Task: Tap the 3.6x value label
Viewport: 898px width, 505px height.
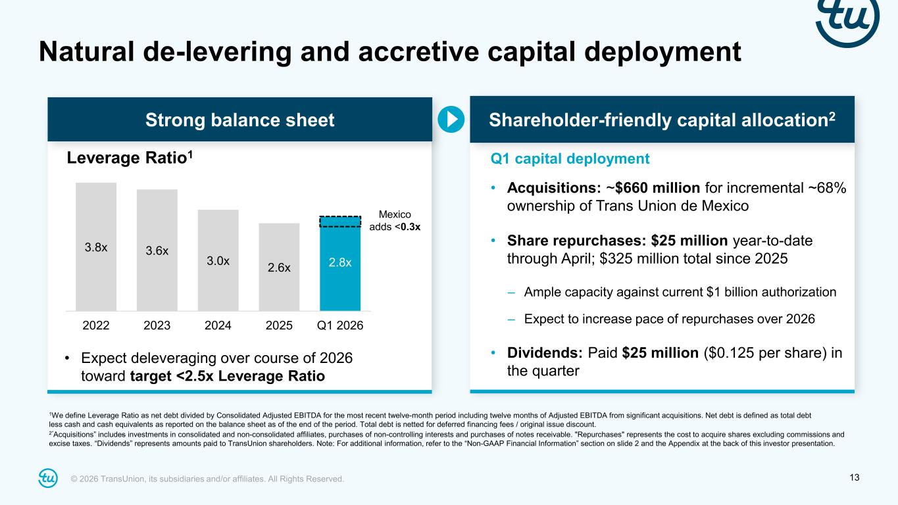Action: pyautogui.click(x=157, y=251)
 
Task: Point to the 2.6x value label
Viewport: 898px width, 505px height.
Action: pyautogui.click(x=279, y=268)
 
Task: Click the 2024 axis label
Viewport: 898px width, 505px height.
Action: pyautogui.click(x=218, y=325)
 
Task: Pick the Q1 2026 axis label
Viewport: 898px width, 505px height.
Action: pyautogui.click(x=340, y=325)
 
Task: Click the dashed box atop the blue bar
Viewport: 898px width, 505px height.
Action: pyautogui.click(x=340, y=222)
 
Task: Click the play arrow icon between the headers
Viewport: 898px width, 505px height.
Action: pyautogui.click(x=451, y=119)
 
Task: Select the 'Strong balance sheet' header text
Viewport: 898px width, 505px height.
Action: pyautogui.click(x=239, y=120)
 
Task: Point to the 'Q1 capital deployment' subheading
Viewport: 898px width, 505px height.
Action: pyautogui.click(x=570, y=158)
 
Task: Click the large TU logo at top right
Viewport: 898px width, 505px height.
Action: pyautogui.click(x=848, y=20)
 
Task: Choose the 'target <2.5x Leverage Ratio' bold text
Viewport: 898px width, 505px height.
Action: pyautogui.click(x=228, y=377)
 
